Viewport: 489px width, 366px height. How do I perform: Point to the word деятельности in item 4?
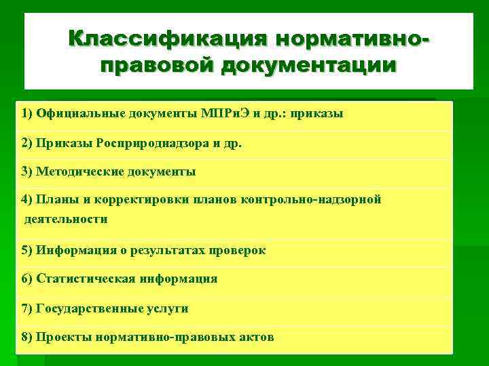click(66, 219)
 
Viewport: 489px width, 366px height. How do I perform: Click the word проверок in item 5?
click(239, 250)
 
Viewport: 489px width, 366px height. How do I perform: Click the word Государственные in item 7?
click(90, 308)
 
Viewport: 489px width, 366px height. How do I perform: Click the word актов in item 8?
click(255, 337)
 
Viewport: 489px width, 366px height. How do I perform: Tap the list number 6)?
click(26, 279)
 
